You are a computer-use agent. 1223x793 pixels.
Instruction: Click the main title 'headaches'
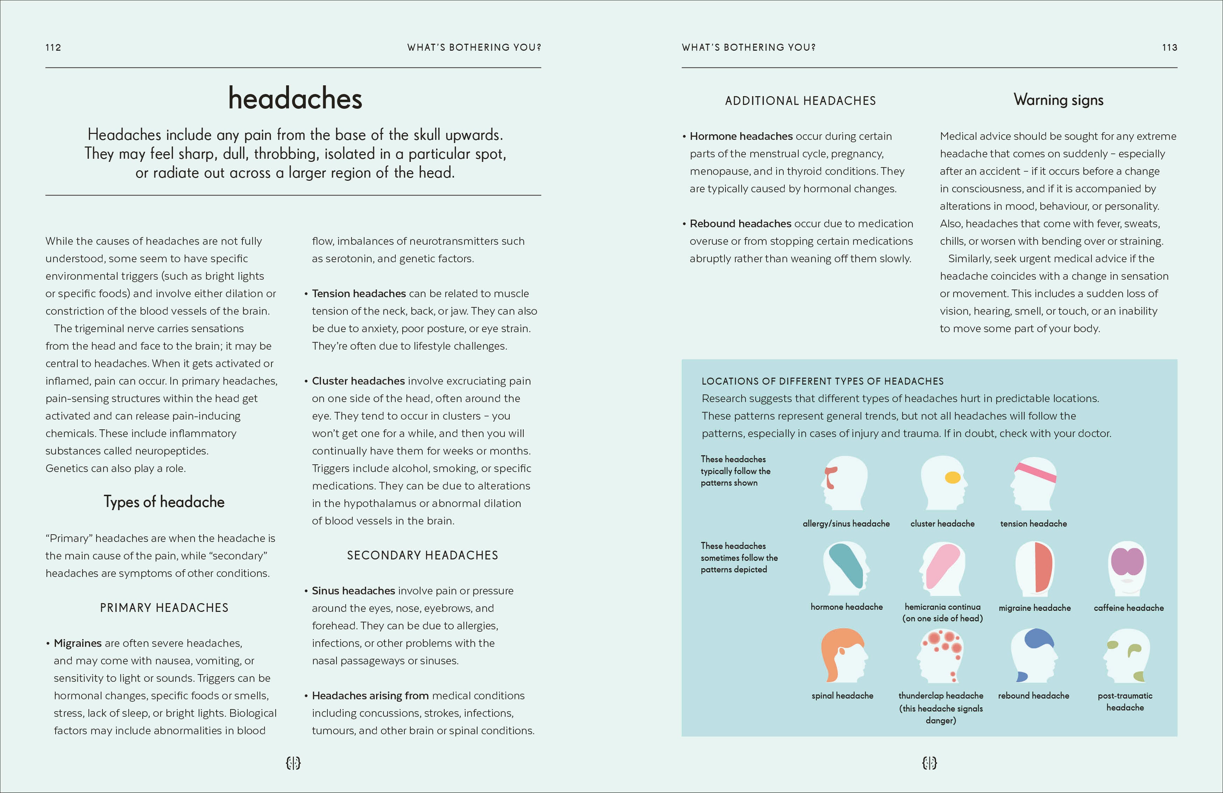(x=295, y=99)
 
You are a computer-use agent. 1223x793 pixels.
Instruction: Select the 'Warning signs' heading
(x=1058, y=100)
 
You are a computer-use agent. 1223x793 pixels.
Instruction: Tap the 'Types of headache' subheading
(x=164, y=502)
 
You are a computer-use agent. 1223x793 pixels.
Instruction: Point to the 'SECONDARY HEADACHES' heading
(x=422, y=555)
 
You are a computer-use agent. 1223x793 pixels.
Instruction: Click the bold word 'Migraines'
(x=78, y=643)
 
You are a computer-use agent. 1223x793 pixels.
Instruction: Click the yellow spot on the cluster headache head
(x=952, y=478)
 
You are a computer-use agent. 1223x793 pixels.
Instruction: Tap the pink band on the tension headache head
(x=1035, y=471)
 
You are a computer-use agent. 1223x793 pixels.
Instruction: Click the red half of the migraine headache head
(x=1043, y=567)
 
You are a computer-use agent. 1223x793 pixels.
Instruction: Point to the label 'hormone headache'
(x=846, y=607)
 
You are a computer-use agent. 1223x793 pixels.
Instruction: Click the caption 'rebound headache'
(x=1033, y=696)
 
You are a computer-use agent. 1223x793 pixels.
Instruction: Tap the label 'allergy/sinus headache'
(x=846, y=524)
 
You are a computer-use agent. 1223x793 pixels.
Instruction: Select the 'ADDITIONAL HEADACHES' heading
(x=800, y=101)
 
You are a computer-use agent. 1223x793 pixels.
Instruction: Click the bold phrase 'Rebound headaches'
(x=740, y=224)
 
